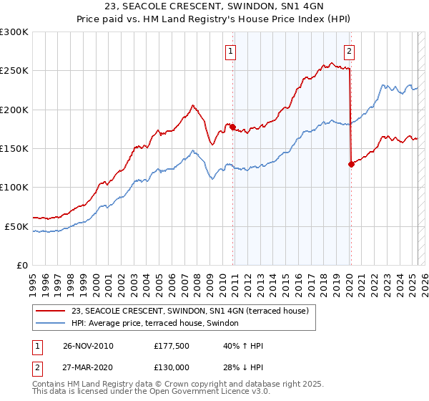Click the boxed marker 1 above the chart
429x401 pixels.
click(x=232, y=51)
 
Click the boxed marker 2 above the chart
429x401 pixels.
click(x=350, y=51)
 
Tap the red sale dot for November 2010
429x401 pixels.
click(x=232, y=127)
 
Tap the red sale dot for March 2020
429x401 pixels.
click(x=351, y=164)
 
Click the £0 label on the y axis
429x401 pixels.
click(x=21, y=265)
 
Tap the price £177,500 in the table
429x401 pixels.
click(x=172, y=346)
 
